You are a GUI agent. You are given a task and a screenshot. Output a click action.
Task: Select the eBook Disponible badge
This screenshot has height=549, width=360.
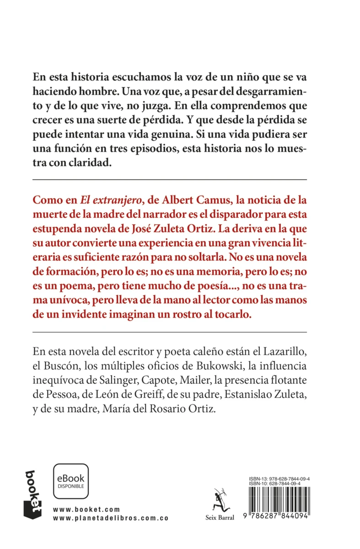click(71, 481)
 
